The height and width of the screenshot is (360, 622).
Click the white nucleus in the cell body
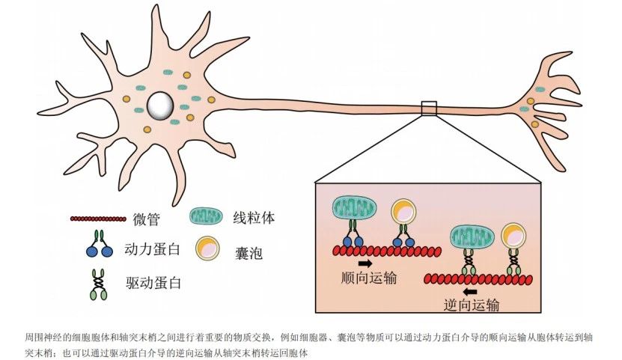[x=159, y=105]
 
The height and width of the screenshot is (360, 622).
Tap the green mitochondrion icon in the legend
[x=206, y=217]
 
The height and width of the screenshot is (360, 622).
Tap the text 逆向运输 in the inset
[x=472, y=305]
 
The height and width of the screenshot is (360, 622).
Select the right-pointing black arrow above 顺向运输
[x=366, y=263]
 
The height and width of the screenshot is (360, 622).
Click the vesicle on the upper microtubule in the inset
[x=404, y=213]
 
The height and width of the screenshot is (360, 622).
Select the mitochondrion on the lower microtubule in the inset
[x=471, y=238]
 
